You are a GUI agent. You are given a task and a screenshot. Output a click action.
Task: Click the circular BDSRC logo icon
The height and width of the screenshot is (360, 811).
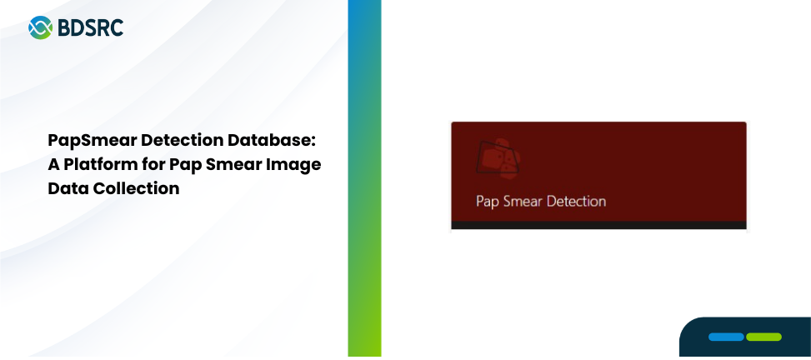(40, 27)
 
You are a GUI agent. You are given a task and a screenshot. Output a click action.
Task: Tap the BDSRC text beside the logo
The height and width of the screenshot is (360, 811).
(91, 28)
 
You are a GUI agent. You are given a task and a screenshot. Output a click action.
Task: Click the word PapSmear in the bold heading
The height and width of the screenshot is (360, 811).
(92, 141)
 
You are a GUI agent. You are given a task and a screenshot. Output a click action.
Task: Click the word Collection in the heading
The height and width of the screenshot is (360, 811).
(136, 188)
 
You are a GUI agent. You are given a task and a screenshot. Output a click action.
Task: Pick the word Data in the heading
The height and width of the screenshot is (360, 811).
(68, 188)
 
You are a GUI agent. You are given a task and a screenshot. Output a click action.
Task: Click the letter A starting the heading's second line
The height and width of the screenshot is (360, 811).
(54, 164)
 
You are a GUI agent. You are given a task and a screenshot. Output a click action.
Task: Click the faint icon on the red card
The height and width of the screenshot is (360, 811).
(498, 159)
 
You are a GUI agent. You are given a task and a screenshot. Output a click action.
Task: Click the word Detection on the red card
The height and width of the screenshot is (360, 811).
(576, 201)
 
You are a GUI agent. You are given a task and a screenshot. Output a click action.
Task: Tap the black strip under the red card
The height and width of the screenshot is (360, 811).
(599, 225)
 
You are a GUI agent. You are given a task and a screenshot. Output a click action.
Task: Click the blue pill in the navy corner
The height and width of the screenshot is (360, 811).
(726, 337)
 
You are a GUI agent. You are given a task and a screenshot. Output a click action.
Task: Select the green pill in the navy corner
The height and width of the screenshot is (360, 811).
(764, 337)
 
